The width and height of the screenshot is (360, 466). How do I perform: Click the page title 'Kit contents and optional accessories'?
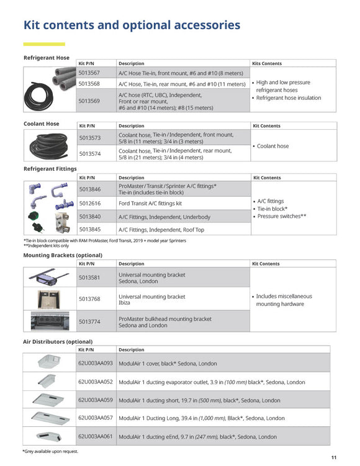(x=132, y=25)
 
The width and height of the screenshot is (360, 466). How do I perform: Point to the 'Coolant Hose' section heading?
(x=42, y=124)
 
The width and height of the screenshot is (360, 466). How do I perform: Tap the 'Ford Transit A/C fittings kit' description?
(x=150, y=203)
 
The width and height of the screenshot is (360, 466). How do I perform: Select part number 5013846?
(x=89, y=189)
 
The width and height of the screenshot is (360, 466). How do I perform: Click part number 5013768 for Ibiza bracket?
(x=89, y=299)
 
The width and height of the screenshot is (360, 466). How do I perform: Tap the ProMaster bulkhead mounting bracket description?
(x=164, y=321)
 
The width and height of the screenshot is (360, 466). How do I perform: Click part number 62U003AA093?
(x=96, y=363)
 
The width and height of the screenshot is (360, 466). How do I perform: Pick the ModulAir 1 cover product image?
(x=49, y=362)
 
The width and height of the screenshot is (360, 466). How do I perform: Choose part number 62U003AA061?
(x=96, y=436)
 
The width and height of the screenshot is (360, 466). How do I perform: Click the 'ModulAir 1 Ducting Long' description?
(x=201, y=418)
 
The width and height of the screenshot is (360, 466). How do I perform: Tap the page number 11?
(x=334, y=457)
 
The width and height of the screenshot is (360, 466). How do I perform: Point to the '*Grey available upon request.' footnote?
(x=50, y=451)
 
